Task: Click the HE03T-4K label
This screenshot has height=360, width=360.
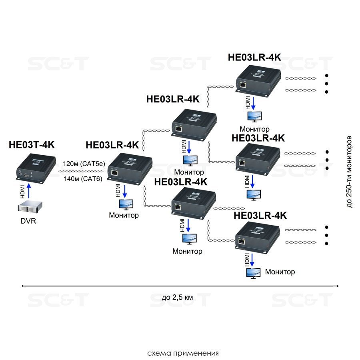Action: coord(32,145)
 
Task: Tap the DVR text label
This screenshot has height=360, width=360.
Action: coord(28,220)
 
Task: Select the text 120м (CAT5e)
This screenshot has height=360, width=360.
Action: coord(84,163)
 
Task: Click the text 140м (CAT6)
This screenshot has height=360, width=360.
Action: coord(84,179)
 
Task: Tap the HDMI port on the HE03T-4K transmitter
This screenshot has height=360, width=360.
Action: coord(26,175)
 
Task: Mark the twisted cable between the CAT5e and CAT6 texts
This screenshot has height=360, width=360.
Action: coord(82,171)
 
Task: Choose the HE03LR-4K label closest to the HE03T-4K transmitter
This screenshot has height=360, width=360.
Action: coord(112,145)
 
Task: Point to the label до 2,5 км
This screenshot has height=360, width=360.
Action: coord(177,297)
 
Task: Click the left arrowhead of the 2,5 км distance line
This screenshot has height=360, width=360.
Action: coord(23,286)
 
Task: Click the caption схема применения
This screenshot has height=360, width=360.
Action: coord(183,353)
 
